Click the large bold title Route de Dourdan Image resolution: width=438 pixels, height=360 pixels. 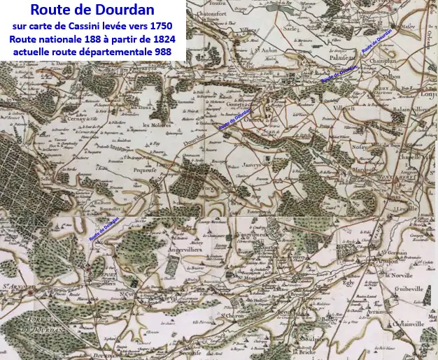(92, 11)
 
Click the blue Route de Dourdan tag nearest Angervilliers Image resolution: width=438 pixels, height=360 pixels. (104, 229)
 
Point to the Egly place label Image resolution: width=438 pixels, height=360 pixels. (344, 286)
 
